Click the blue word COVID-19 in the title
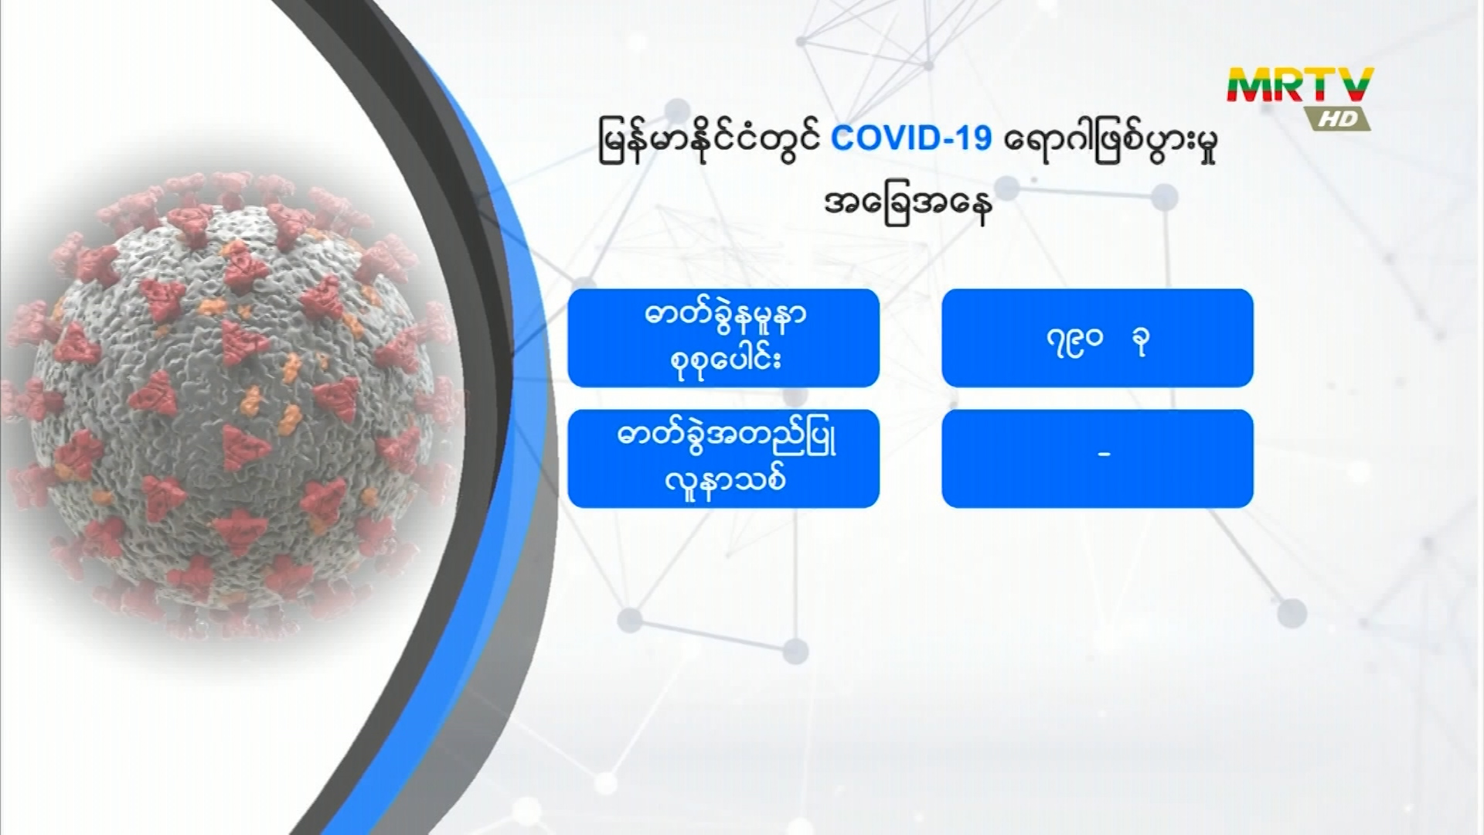(911, 139)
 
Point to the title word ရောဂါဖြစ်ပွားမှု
(1111, 141)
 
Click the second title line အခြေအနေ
(908, 205)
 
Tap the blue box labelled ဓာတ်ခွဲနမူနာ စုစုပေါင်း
(723, 338)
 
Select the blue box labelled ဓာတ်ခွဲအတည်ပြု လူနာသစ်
(723, 458)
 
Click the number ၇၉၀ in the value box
(1074, 341)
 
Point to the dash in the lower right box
(1104, 455)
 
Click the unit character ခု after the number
(1139, 341)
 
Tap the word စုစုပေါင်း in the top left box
(725, 360)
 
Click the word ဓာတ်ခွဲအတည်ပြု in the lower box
(727, 438)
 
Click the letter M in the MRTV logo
(1251, 86)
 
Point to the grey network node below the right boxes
(1292, 613)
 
